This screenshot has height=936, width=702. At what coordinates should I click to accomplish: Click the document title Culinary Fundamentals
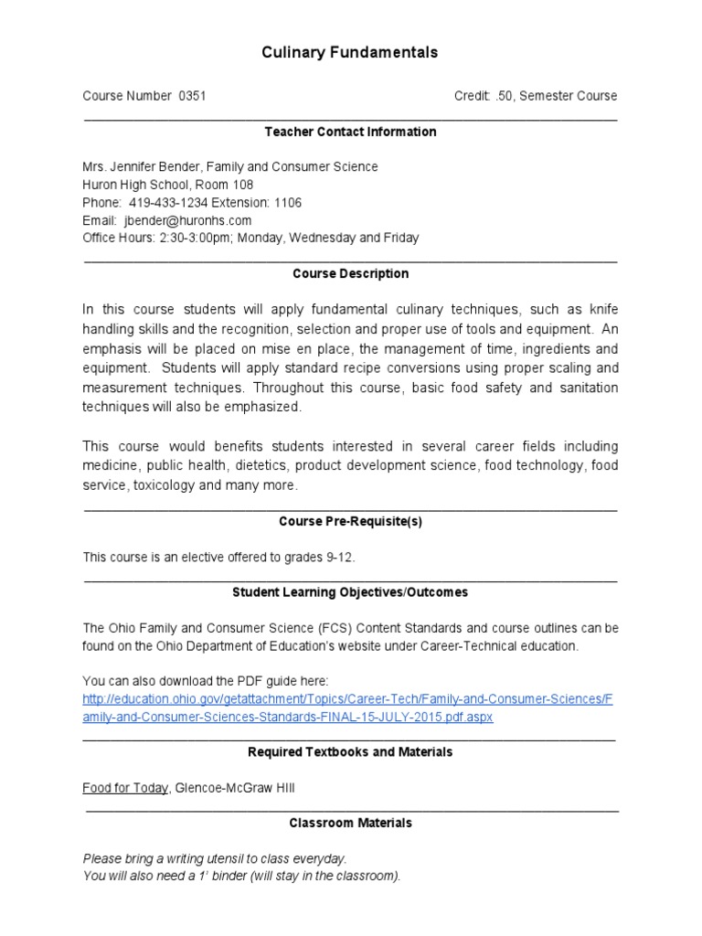pyautogui.click(x=350, y=52)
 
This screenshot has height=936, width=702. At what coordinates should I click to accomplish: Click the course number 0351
pyautogui.click(x=199, y=96)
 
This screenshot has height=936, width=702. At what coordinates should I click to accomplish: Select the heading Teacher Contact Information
pyautogui.click(x=350, y=132)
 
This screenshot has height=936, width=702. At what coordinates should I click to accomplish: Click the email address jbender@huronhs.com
pyautogui.click(x=186, y=220)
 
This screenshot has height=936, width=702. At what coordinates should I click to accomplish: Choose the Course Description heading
pyautogui.click(x=350, y=273)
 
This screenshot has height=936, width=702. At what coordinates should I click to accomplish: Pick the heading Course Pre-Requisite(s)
pyautogui.click(x=350, y=521)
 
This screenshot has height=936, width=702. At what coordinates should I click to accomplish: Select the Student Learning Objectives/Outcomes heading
pyautogui.click(x=350, y=592)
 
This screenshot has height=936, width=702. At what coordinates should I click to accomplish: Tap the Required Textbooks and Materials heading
pyautogui.click(x=350, y=752)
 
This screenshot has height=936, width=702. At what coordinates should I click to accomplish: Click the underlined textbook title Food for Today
pyautogui.click(x=125, y=788)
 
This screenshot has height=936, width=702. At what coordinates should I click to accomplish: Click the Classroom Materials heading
pyautogui.click(x=350, y=823)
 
